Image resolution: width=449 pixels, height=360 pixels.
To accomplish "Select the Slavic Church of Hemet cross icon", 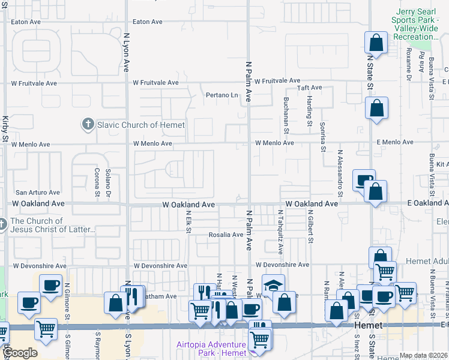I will coord(88,125).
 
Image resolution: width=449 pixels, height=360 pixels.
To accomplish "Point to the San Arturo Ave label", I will coord(38,193).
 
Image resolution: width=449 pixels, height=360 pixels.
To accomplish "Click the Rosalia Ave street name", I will coord(225,235).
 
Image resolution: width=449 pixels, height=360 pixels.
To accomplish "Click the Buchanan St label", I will coord(286,115).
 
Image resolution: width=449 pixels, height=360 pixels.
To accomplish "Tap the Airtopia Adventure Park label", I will coord(211,349).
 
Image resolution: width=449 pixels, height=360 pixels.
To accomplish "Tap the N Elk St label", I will coord(188,221).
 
